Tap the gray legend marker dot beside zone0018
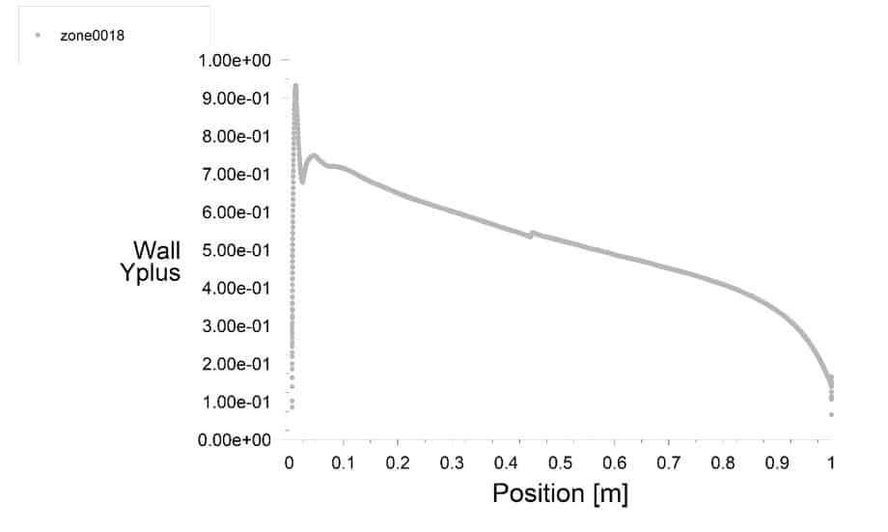38,36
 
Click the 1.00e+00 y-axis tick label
236,61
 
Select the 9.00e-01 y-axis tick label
236,98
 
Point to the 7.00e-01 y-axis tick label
236,174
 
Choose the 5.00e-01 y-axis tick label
236,250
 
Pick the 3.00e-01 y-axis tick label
236,325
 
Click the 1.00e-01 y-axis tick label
236,402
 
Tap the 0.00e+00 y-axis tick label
236,439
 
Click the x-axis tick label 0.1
343,463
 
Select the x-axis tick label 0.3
451,463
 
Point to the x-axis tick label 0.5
560,463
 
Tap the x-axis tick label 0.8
723,463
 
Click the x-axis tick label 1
831,463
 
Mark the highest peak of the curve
295,86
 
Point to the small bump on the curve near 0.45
533,233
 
